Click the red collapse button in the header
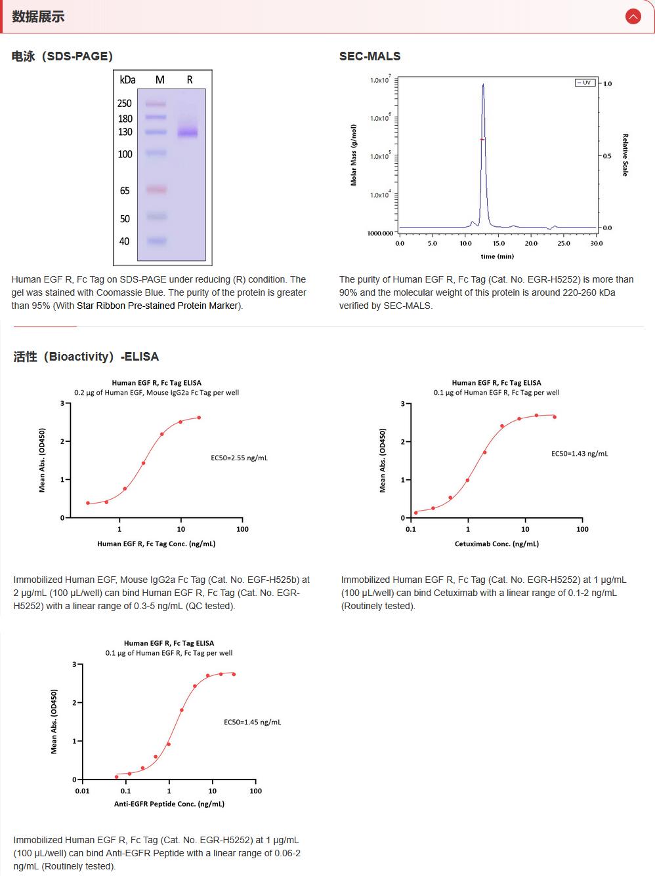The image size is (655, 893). click(x=633, y=16)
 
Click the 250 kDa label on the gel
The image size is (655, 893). click(x=125, y=104)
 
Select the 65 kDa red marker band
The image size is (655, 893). click(x=156, y=190)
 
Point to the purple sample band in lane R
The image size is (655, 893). click(x=188, y=132)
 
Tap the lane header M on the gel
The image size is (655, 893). click(x=160, y=80)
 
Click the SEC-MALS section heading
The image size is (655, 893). click(x=370, y=56)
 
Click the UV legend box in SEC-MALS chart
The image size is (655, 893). click(x=585, y=83)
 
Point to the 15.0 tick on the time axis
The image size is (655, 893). click(x=499, y=243)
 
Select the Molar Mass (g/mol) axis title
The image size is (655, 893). click(x=354, y=155)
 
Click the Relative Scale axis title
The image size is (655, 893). click(x=625, y=155)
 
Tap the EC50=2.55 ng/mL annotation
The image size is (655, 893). click(x=239, y=458)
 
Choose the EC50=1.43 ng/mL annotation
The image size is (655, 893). click(x=580, y=453)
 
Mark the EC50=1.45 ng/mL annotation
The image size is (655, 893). click(x=252, y=722)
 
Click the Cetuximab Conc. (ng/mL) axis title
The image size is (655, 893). click(x=497, y=544)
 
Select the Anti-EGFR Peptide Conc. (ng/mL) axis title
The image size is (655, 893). click(x=169, y=804)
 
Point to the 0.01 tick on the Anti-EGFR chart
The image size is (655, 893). click(x=82, y=791)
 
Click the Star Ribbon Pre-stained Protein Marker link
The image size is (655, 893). click(x=158, y=306)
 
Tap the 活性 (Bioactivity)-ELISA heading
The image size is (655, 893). click(x=86, y=357)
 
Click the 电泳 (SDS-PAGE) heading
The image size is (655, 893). click(x=62, y=56)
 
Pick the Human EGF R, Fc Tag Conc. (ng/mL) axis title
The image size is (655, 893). click(x=156, y=544)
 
